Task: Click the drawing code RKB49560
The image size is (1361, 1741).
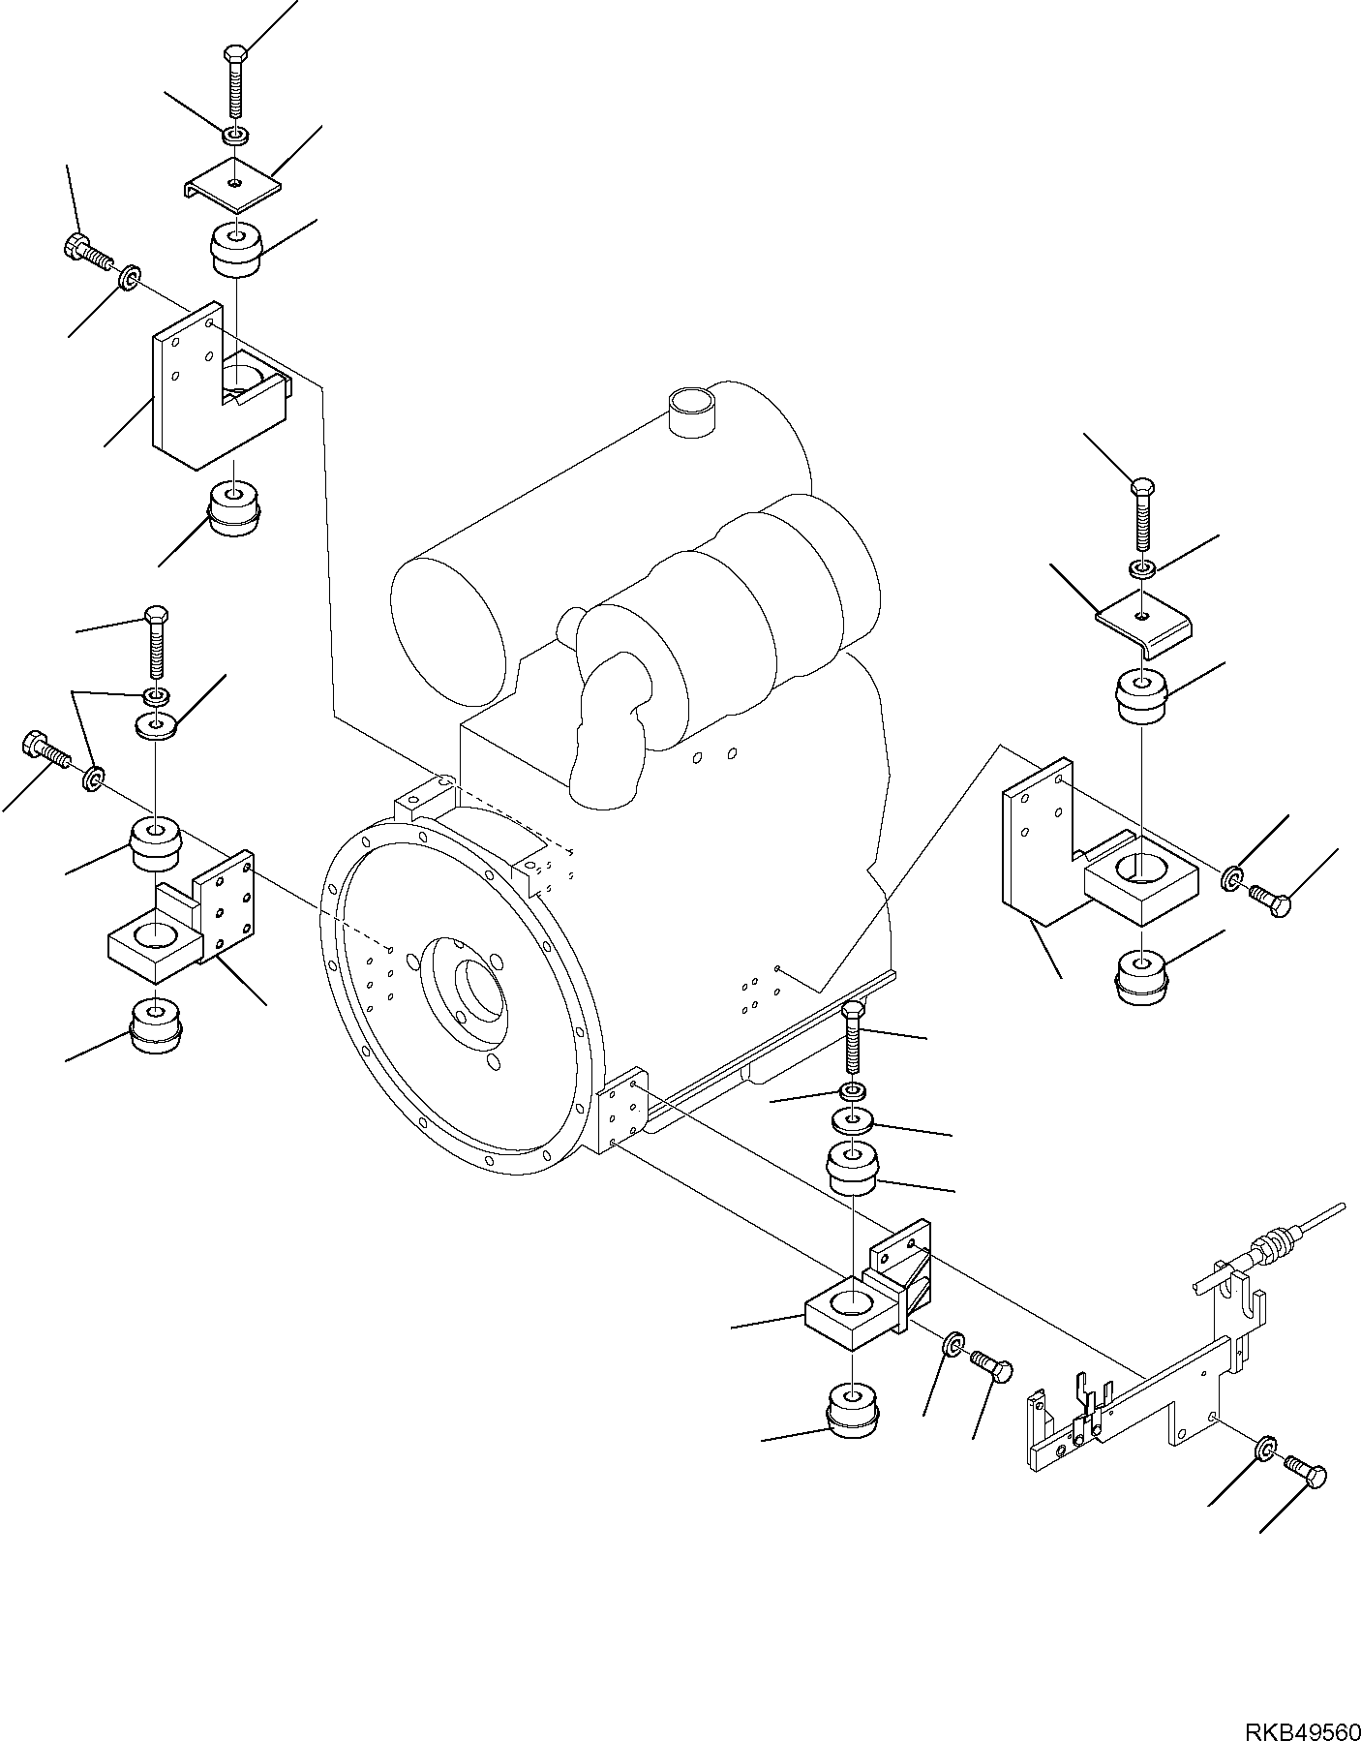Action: pyautogui.click(x=1299, y=1723)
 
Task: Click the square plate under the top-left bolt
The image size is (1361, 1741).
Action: pyautogui.click(x=233, y=183)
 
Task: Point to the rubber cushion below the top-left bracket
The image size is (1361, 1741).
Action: pyautogui.click(x=234, y=507)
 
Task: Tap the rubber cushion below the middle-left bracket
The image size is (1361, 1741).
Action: pyautogui.click(x=155, y=1025)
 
